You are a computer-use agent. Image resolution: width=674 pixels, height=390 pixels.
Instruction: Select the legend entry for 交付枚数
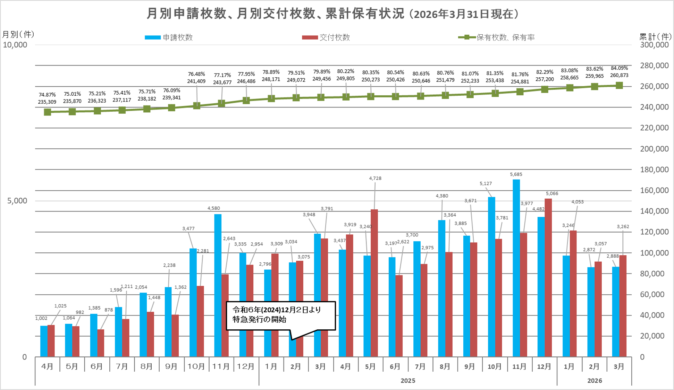point(326,37)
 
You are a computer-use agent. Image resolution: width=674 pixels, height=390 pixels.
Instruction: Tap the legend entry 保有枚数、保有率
point(497,37)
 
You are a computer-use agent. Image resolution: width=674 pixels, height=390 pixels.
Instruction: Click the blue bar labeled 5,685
point(516,267)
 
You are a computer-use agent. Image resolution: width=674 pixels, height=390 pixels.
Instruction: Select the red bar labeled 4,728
point(374,283)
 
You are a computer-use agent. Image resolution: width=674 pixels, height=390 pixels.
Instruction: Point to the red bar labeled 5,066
point(548,277)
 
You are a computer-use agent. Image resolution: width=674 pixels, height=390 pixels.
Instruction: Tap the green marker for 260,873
point(619,85)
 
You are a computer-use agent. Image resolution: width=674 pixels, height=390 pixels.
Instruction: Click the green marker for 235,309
point(48,112)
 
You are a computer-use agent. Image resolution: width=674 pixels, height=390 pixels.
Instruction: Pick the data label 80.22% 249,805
point(345,75)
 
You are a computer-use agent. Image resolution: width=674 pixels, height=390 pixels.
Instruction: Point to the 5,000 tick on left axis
point(17,201)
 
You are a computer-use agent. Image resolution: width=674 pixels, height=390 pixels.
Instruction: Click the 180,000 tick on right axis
point(654,170)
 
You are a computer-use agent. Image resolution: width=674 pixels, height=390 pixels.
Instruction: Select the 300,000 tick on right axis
point(654,45)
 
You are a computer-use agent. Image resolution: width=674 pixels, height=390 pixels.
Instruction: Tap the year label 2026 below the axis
point(594,381)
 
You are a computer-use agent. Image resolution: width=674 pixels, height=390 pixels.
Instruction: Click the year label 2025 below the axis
point(408,381)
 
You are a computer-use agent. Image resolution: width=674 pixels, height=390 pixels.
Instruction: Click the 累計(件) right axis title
point(655,36)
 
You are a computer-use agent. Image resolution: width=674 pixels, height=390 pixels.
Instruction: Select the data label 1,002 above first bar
point(41,318)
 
